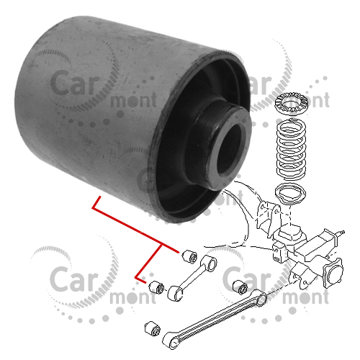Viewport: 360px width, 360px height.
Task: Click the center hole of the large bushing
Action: [x=229, y=149]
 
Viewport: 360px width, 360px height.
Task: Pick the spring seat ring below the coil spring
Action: [x=290, y=193]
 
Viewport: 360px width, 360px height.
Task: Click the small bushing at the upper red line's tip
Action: [x=189, y=256]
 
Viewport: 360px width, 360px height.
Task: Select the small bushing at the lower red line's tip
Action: [x=156, y=287]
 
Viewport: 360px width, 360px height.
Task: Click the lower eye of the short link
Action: [x=176, y=293]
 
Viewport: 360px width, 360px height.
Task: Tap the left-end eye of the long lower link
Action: [x=171, y=341]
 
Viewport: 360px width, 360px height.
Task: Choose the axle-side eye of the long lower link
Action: [x=261, y=298]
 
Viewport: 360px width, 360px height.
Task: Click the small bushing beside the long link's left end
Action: [x=153, y=328]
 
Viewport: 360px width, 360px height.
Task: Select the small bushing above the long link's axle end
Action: [x=240, y=287]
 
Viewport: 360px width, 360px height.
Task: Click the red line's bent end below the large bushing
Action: [x=94, y=208]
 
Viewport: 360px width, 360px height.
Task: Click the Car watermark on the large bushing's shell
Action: [x=75, y=82]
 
